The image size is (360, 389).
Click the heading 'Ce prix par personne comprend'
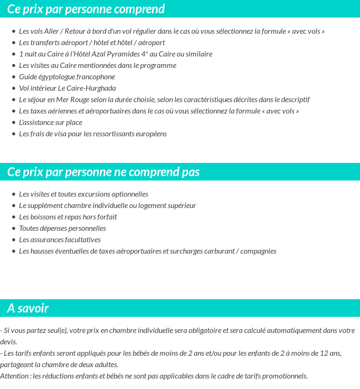[x=86, y=9]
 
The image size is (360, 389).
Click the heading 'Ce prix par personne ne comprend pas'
[x=103, y=172]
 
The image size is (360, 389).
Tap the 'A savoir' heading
[x=28, y=308]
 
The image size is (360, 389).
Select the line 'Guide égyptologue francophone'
[x=67, y=77]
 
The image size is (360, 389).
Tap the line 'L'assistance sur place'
[x=50, y=123]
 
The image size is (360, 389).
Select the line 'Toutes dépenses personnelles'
[x=62, y=228]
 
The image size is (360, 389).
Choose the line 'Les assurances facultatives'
[x=60, y=240]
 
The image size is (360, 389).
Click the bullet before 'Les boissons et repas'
[x=14, y=217]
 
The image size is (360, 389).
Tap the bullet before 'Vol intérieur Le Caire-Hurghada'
[x=14, y=88]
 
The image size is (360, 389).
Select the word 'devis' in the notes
[x=8, y=342]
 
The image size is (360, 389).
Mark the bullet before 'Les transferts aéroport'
[x=14, y=43]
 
